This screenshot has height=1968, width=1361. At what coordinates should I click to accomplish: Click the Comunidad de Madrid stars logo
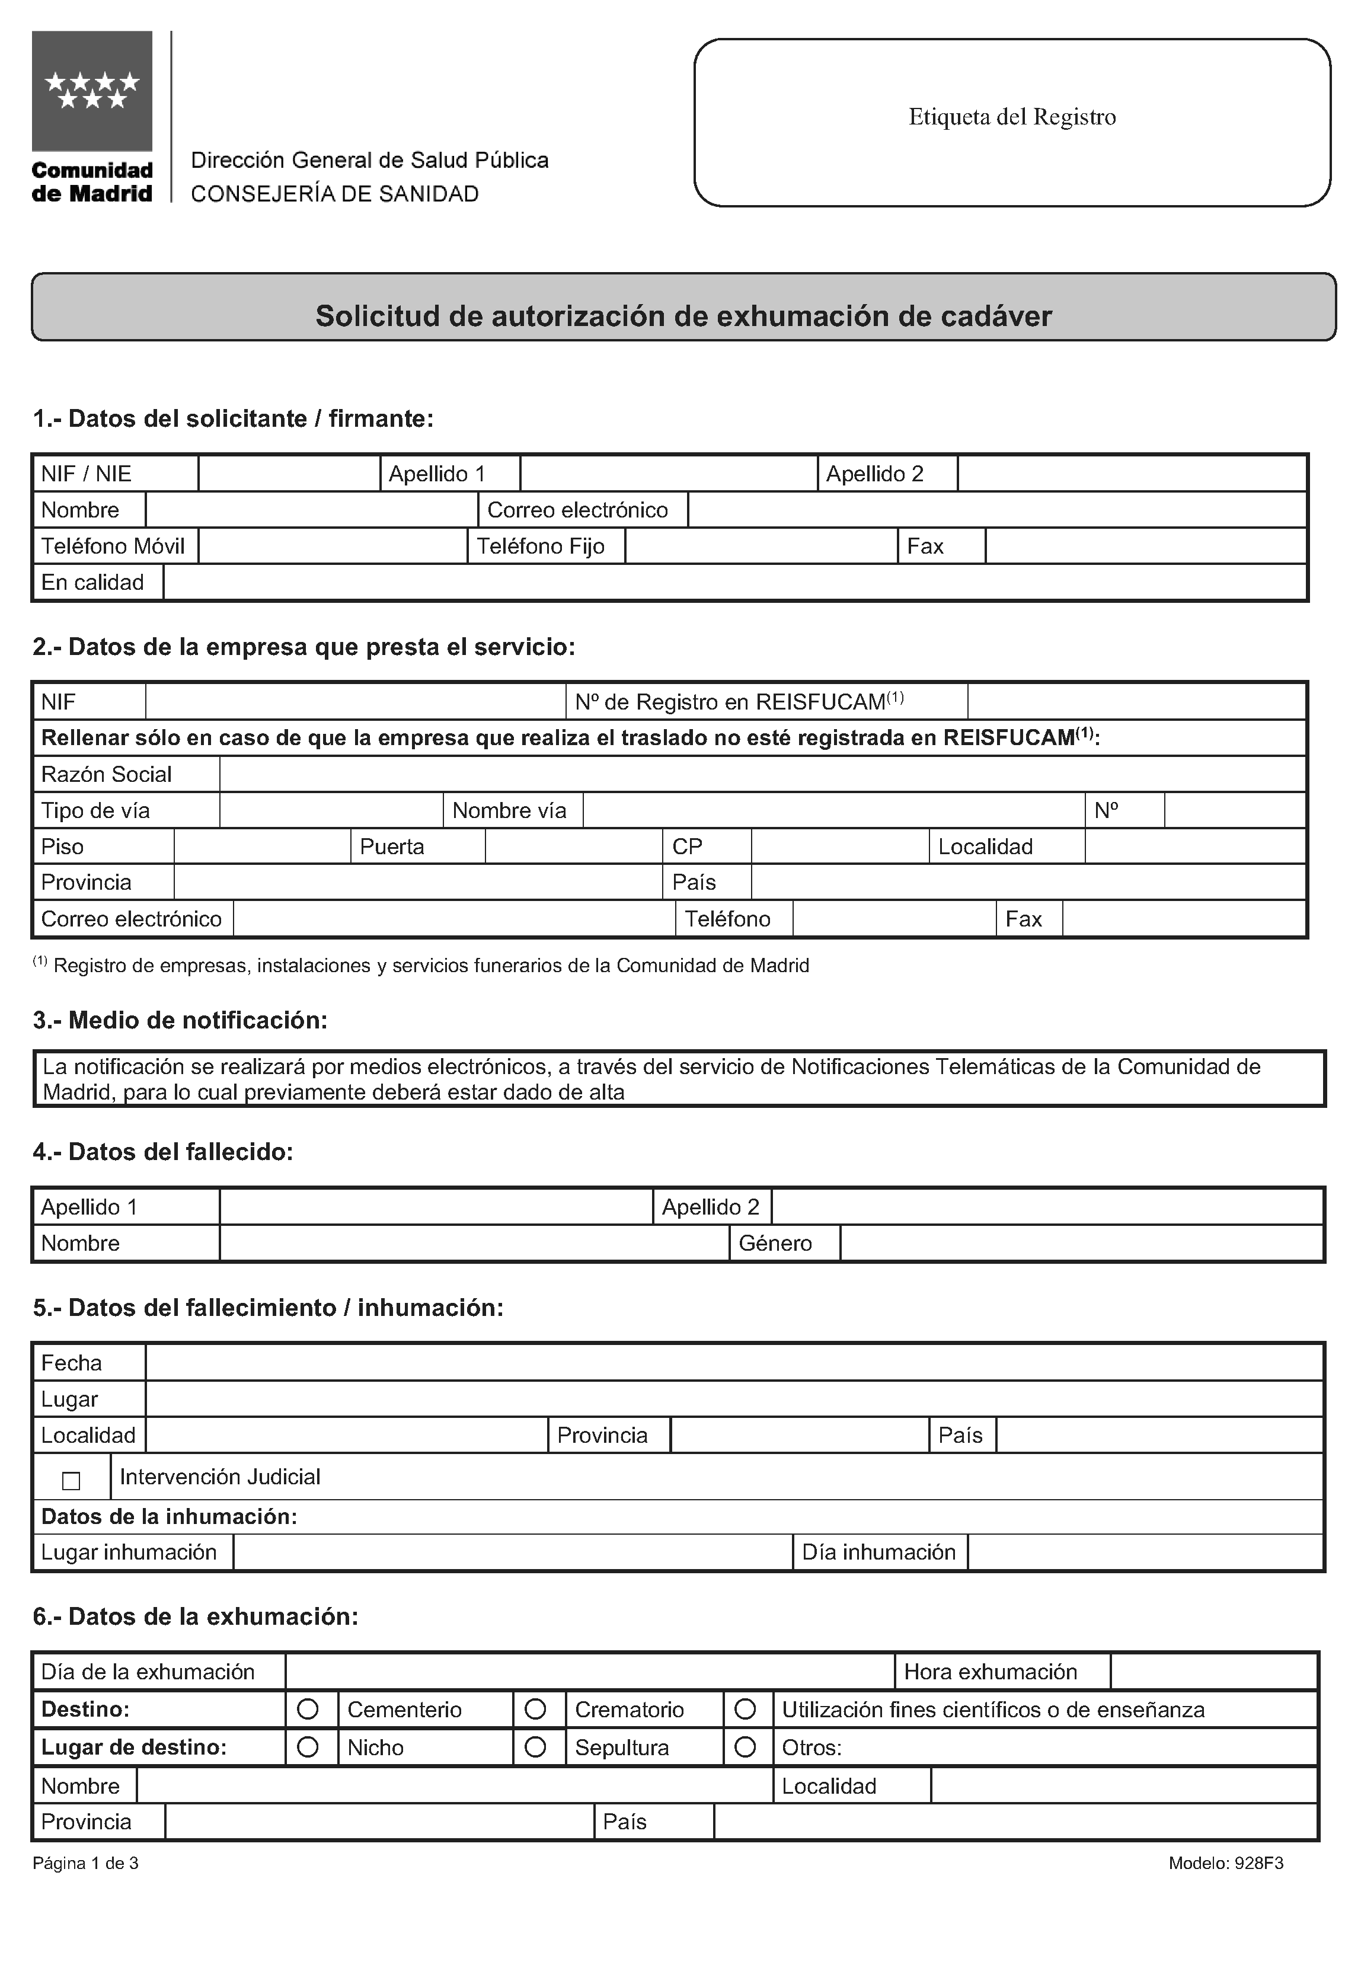click(x=92, y=91)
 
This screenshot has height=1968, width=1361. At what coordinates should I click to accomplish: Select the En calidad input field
click(x=734, y=582)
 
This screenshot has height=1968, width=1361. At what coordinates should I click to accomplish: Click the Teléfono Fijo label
click(x=541, y=546)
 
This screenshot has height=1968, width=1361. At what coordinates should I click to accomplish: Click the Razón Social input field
click(x=762, y=774)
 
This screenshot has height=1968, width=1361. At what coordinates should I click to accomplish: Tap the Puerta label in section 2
click(x=392, y=846)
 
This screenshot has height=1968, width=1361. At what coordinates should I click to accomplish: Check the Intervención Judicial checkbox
click(x=72, y=1481)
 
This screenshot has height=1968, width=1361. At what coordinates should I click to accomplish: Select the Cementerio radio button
click(x=308, y=1710)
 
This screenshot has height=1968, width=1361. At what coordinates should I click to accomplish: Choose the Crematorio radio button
click(x=535, y=1710)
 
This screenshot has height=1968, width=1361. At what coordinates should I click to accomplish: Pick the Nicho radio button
click(x=308, y=1747)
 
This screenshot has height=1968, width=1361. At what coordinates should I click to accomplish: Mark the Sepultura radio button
click(x=535, y=1747)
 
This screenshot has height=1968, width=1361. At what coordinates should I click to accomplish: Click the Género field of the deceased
click(x=1081, y=1243)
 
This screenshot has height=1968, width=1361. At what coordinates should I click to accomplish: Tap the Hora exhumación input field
click(x=1213, y=1672)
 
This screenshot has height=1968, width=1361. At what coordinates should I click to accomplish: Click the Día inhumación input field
click(x=1145, y=1552)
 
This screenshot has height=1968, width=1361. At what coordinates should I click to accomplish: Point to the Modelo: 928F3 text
click(x=1225, y=1863)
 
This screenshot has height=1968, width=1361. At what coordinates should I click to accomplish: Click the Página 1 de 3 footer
click(x=85, y=1863)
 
